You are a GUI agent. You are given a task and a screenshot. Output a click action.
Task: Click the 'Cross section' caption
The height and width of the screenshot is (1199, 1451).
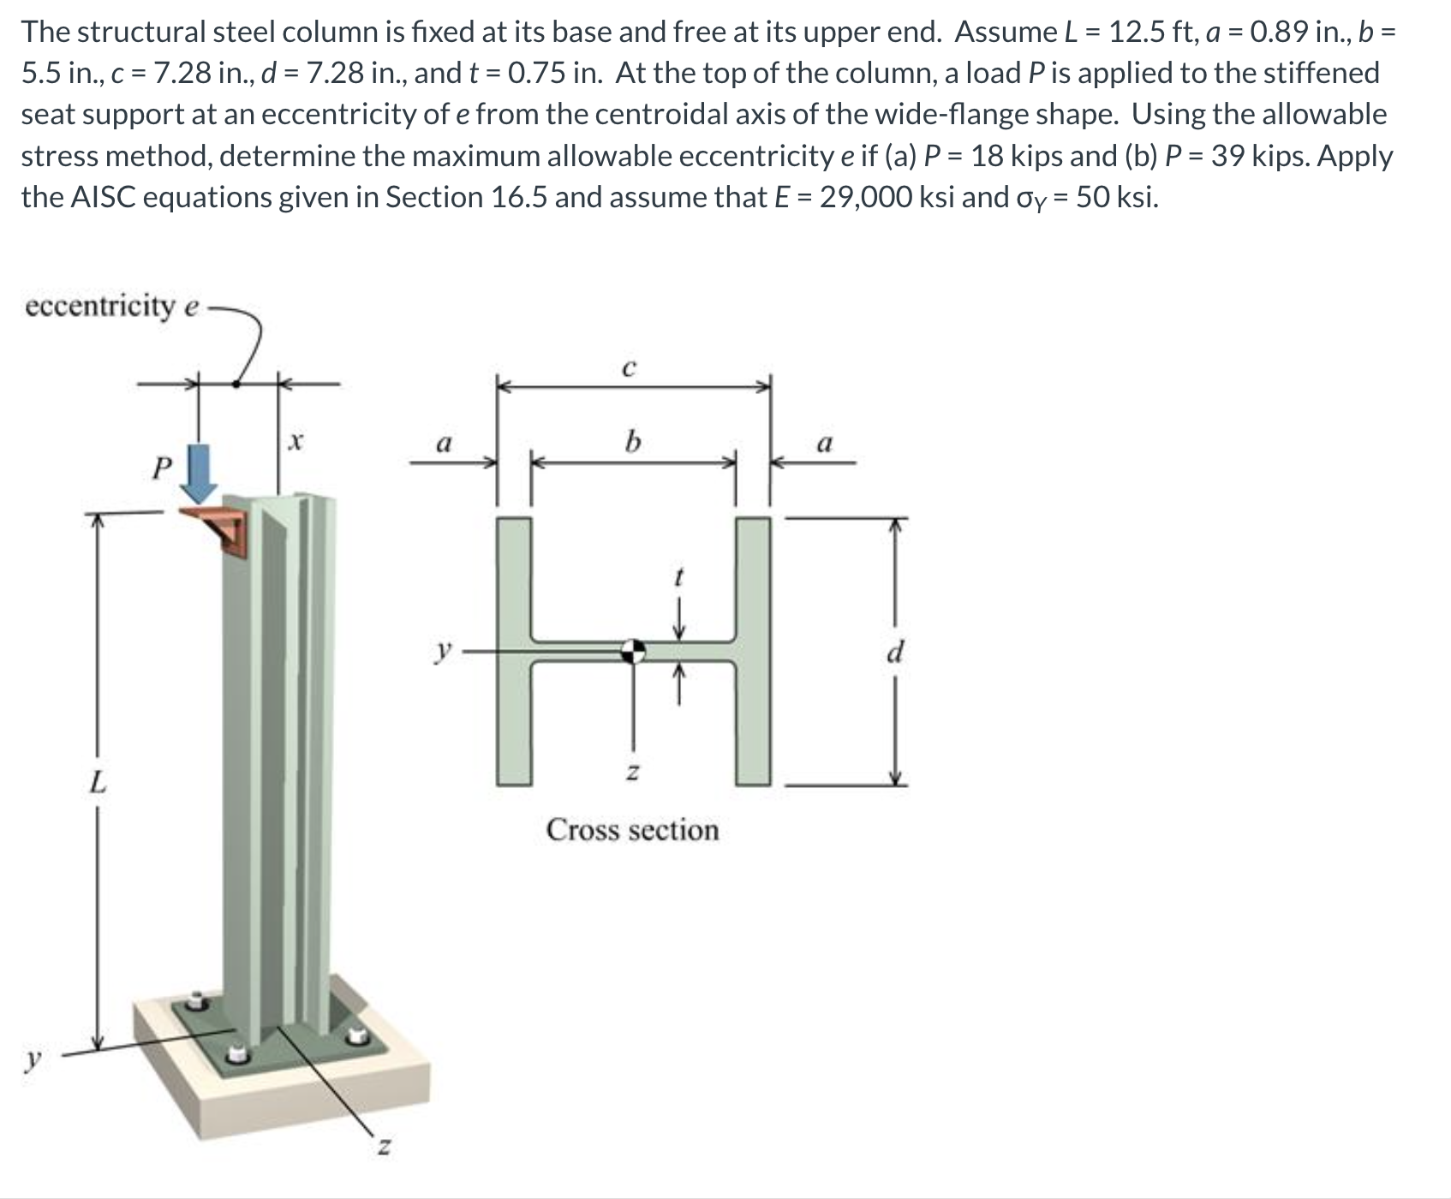(633, 830)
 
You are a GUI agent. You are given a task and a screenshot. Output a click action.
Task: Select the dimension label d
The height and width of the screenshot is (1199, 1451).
(895, 653)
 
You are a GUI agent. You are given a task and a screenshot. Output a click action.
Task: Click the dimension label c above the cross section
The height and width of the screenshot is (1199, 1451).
(629, 368)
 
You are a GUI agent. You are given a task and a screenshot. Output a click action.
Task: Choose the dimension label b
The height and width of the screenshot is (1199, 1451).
(632, 442)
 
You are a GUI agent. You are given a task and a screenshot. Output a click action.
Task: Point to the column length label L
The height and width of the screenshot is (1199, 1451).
(99, 781)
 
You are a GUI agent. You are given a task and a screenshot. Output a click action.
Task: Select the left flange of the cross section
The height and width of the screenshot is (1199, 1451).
(514, 651)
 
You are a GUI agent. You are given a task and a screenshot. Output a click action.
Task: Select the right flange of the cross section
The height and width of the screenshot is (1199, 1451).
(753, 651)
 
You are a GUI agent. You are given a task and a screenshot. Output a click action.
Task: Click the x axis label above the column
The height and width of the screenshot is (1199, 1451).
(296, 442)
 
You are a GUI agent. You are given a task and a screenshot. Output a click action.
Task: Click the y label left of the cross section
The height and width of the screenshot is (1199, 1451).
(443, 653)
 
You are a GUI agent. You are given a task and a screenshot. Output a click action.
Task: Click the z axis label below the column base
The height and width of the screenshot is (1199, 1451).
(385, 1145)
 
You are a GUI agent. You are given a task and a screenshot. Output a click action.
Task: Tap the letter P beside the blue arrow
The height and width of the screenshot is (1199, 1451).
(160, 468)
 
